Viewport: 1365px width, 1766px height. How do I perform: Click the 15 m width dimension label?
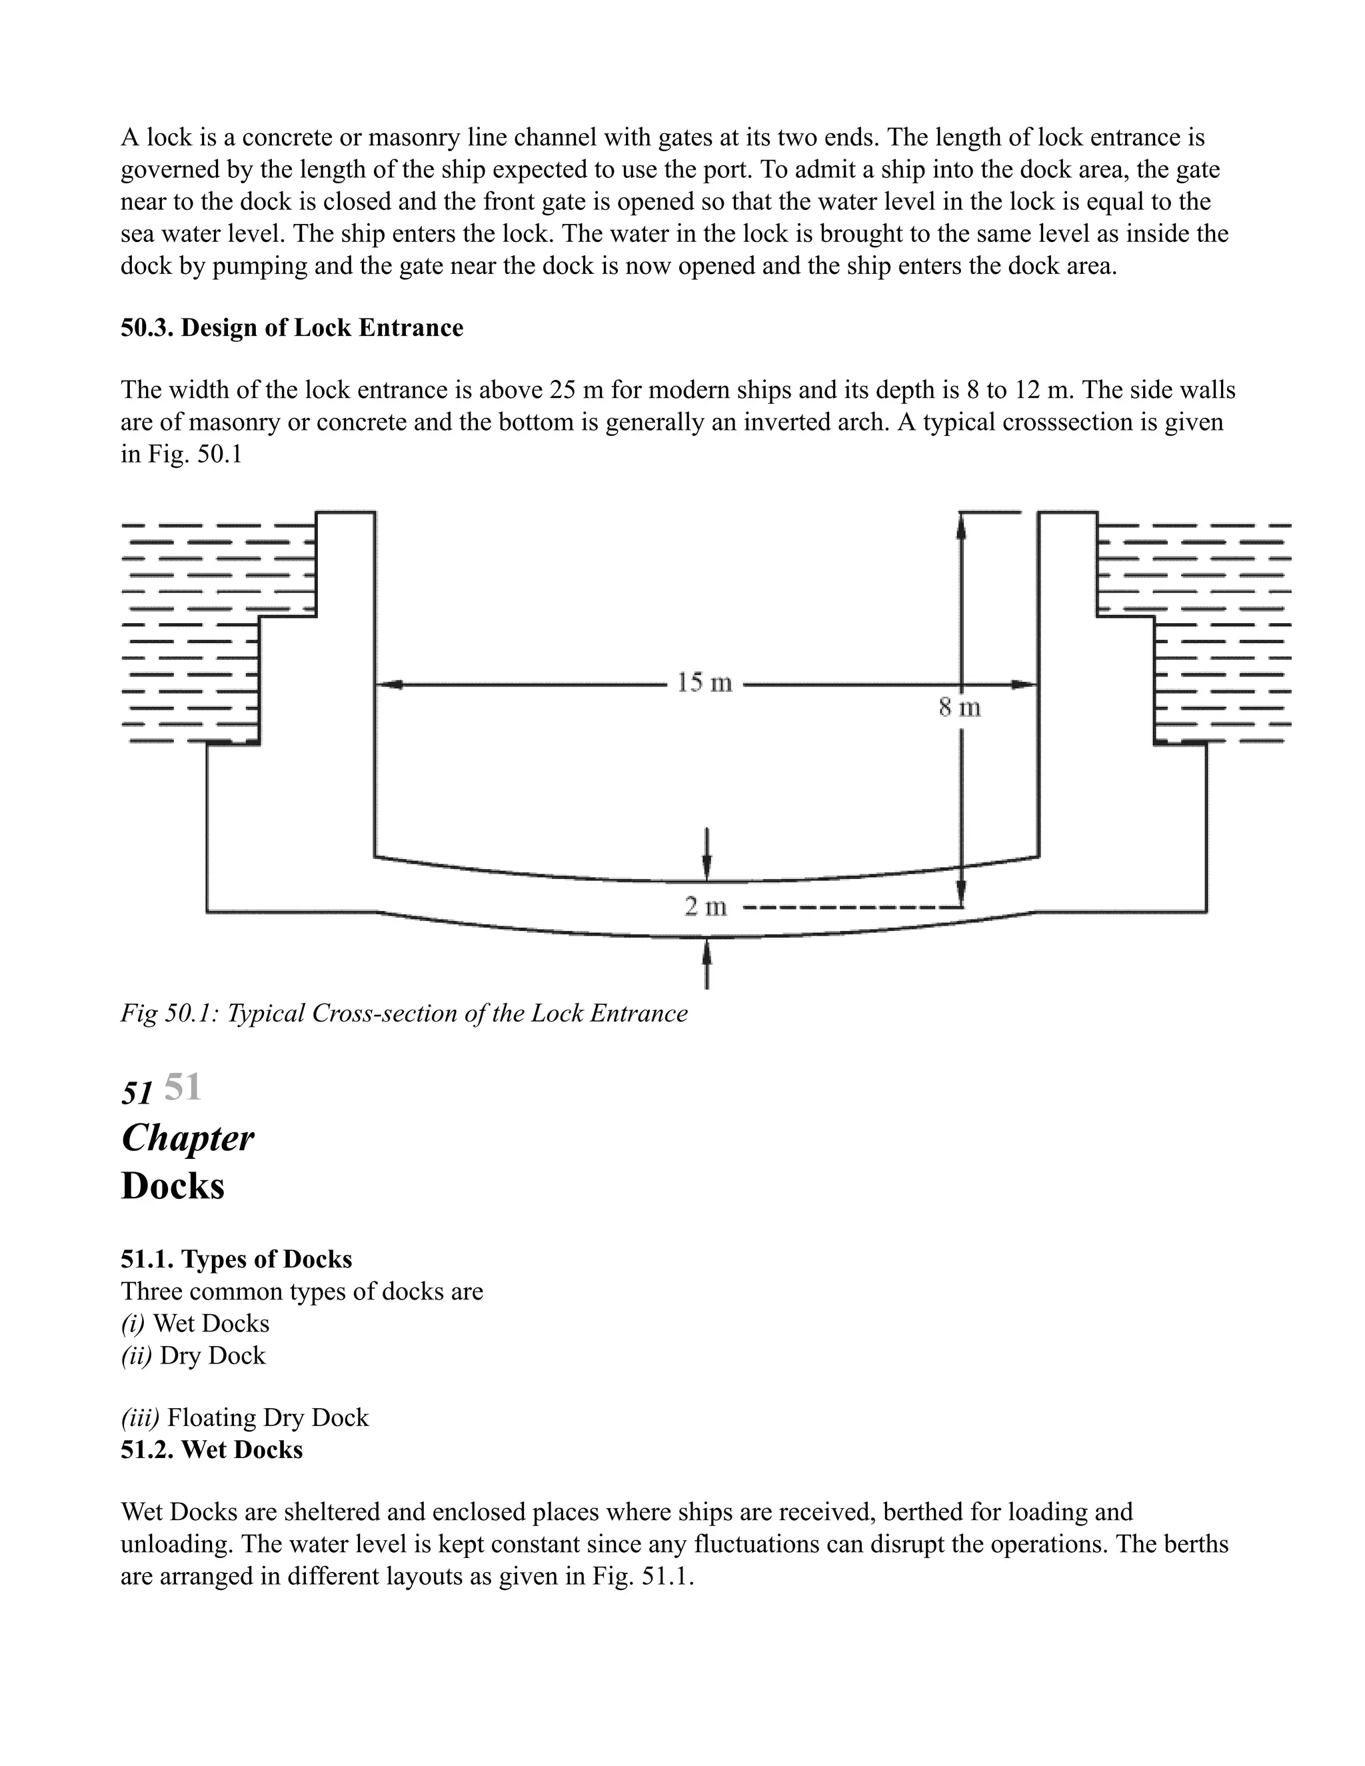[x=704, y=683]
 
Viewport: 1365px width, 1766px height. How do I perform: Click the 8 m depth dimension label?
[x=960, y=708]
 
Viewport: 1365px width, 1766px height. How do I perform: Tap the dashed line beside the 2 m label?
[x=849, y=908]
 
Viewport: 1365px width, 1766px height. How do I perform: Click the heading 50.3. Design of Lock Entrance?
[x=292, y=329]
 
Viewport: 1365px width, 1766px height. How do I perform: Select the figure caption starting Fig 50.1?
[x=403, y=1013]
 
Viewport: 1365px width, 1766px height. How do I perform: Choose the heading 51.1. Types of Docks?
[x=236, y=1259]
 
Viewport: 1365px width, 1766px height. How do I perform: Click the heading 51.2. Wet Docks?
[x=211, y=1450]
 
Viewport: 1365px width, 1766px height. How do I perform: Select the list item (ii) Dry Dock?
[x=193, y=1355]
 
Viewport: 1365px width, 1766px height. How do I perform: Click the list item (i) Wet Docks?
[x=195, y=1323]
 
